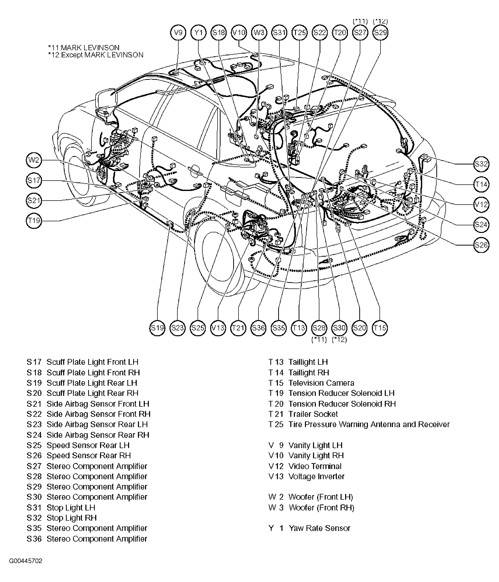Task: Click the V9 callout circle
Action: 178,33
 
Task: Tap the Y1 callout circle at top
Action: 198,33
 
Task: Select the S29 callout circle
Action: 380,33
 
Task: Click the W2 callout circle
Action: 34,160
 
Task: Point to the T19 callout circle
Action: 34,221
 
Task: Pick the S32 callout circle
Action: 481,164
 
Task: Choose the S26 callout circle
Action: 481,245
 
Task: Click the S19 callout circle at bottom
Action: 157,328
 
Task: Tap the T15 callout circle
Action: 379,328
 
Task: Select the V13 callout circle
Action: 218,328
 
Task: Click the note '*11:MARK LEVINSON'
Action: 84,48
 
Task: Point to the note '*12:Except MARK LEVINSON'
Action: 96,55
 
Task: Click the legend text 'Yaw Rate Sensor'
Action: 319,528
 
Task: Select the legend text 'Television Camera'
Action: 321,383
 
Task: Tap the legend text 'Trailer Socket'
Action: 313,414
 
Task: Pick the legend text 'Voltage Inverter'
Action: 316,476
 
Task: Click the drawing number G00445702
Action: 26,561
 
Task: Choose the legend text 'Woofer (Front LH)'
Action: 321,497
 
